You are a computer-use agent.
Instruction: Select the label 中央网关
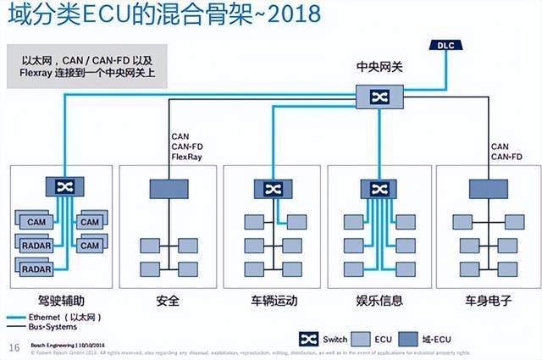372,66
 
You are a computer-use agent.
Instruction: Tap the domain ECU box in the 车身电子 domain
480,188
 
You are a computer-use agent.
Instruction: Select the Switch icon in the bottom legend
309,339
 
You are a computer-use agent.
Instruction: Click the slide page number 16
14,348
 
